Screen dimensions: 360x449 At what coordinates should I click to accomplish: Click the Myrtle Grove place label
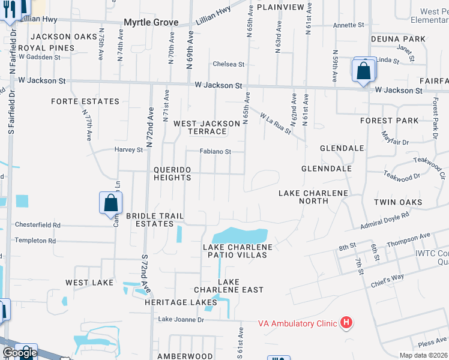[151, 22]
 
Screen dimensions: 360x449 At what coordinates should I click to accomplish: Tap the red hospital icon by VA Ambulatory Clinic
[346, 323]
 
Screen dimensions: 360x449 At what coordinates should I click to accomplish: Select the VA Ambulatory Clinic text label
[297, 323]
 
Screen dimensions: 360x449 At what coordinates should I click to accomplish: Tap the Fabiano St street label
[215, 152]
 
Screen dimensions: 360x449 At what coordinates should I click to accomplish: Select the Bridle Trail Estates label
[154, 219]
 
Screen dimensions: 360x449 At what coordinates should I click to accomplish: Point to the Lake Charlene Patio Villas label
[238, 251]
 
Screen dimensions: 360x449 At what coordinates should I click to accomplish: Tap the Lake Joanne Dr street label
[181, 320]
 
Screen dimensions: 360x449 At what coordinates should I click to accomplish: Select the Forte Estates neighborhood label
[85, 101]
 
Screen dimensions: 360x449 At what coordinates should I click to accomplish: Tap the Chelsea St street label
[229, 64]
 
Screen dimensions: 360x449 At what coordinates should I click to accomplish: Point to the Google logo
[19, 353]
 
